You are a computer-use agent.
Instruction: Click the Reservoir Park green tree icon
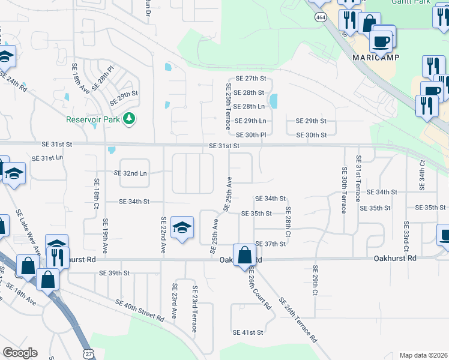tap(128, 119)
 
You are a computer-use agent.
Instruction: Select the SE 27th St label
tap(250, 79)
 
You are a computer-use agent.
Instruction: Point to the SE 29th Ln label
tap(250, 121)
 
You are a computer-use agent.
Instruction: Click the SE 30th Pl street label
tap(250, 135)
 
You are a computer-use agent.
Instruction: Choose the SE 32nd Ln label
tap(130, 173)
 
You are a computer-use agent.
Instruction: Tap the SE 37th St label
tap(270, 244)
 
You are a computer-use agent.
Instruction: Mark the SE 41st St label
tap(248, 332)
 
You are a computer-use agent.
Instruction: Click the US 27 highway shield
tap(88, 354)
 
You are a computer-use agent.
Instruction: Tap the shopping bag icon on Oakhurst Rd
tap(245, 255)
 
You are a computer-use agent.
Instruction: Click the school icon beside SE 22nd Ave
tap(182, 228)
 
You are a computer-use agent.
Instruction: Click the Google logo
tap(20, 353)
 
